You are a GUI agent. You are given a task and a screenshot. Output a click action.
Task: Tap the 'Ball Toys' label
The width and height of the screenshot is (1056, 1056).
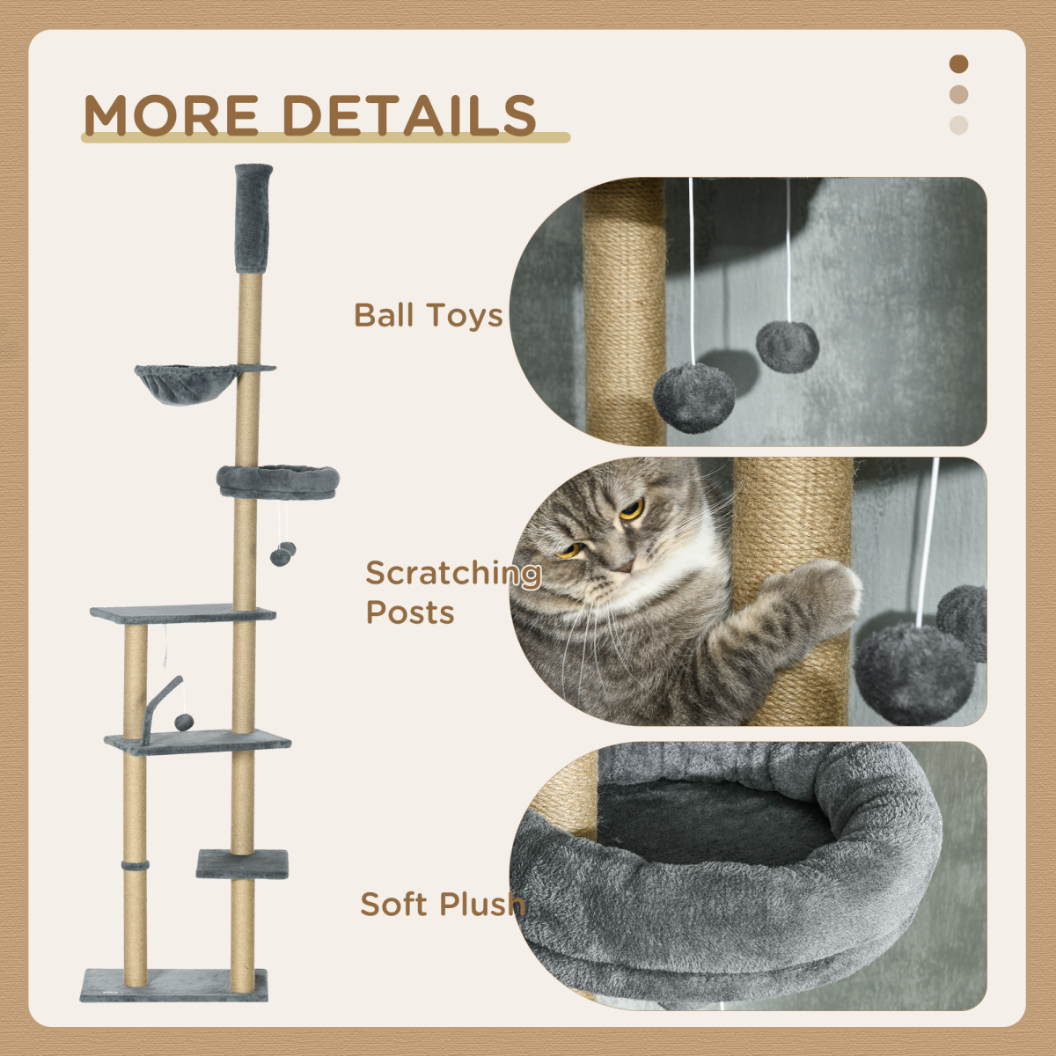click(x=428, y=315)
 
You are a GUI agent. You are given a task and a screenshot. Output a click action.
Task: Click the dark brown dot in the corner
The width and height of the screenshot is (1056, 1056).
click(x=959, y=64)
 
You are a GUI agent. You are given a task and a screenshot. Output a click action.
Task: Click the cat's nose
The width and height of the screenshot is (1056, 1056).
click(x=621, y=564)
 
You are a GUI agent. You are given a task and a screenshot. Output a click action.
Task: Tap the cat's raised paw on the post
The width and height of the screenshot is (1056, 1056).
click(x=823, y=590)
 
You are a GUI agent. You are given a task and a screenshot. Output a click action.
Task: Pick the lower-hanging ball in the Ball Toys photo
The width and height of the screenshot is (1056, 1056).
click(x=694, y=399)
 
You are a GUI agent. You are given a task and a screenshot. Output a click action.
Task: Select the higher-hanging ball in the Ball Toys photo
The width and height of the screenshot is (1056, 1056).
click(x=788, y=347)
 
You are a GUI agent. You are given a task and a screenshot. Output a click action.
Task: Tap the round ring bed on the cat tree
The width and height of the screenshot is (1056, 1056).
click(x=278, y=481)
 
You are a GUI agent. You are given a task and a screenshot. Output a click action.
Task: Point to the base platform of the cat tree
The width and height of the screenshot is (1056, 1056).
click(x=173, y=985)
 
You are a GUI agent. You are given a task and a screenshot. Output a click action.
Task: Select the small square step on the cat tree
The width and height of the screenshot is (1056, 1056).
click(x=242, y=863)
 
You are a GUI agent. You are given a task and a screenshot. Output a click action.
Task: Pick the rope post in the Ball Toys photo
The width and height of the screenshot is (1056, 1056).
click(x=626, y=308)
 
